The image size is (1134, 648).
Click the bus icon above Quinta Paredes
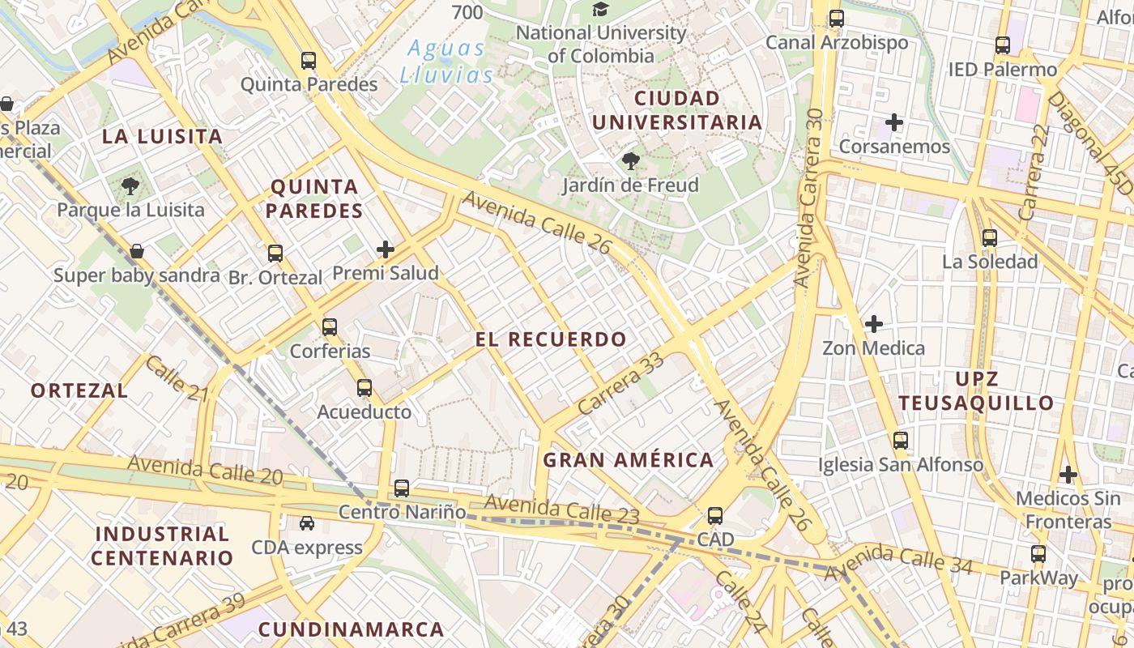point(309,60)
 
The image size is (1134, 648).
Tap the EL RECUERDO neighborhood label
point(551,339)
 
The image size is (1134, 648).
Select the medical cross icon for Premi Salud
point(386,249)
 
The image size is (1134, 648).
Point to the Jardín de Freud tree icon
point(631,161)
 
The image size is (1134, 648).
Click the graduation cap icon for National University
point(600,10)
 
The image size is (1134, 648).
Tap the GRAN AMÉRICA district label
point(629,461)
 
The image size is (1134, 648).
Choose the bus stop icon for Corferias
point(330,327)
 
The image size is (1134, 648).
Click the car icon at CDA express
point(307,523)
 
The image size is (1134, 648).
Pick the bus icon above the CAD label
point(715,516)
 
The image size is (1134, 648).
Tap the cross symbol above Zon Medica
point(874,324)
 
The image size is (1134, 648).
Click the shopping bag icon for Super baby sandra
point(137,251)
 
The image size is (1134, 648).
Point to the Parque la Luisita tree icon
point(130,187)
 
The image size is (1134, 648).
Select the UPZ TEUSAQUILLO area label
point(976,390)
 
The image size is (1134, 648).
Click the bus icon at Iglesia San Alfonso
point(901,441)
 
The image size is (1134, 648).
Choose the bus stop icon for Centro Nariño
point(402,488)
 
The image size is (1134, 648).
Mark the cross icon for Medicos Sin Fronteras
point(1068,474)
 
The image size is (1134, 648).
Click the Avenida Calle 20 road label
point(205,470)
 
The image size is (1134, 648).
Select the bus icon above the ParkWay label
point(1038,555)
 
